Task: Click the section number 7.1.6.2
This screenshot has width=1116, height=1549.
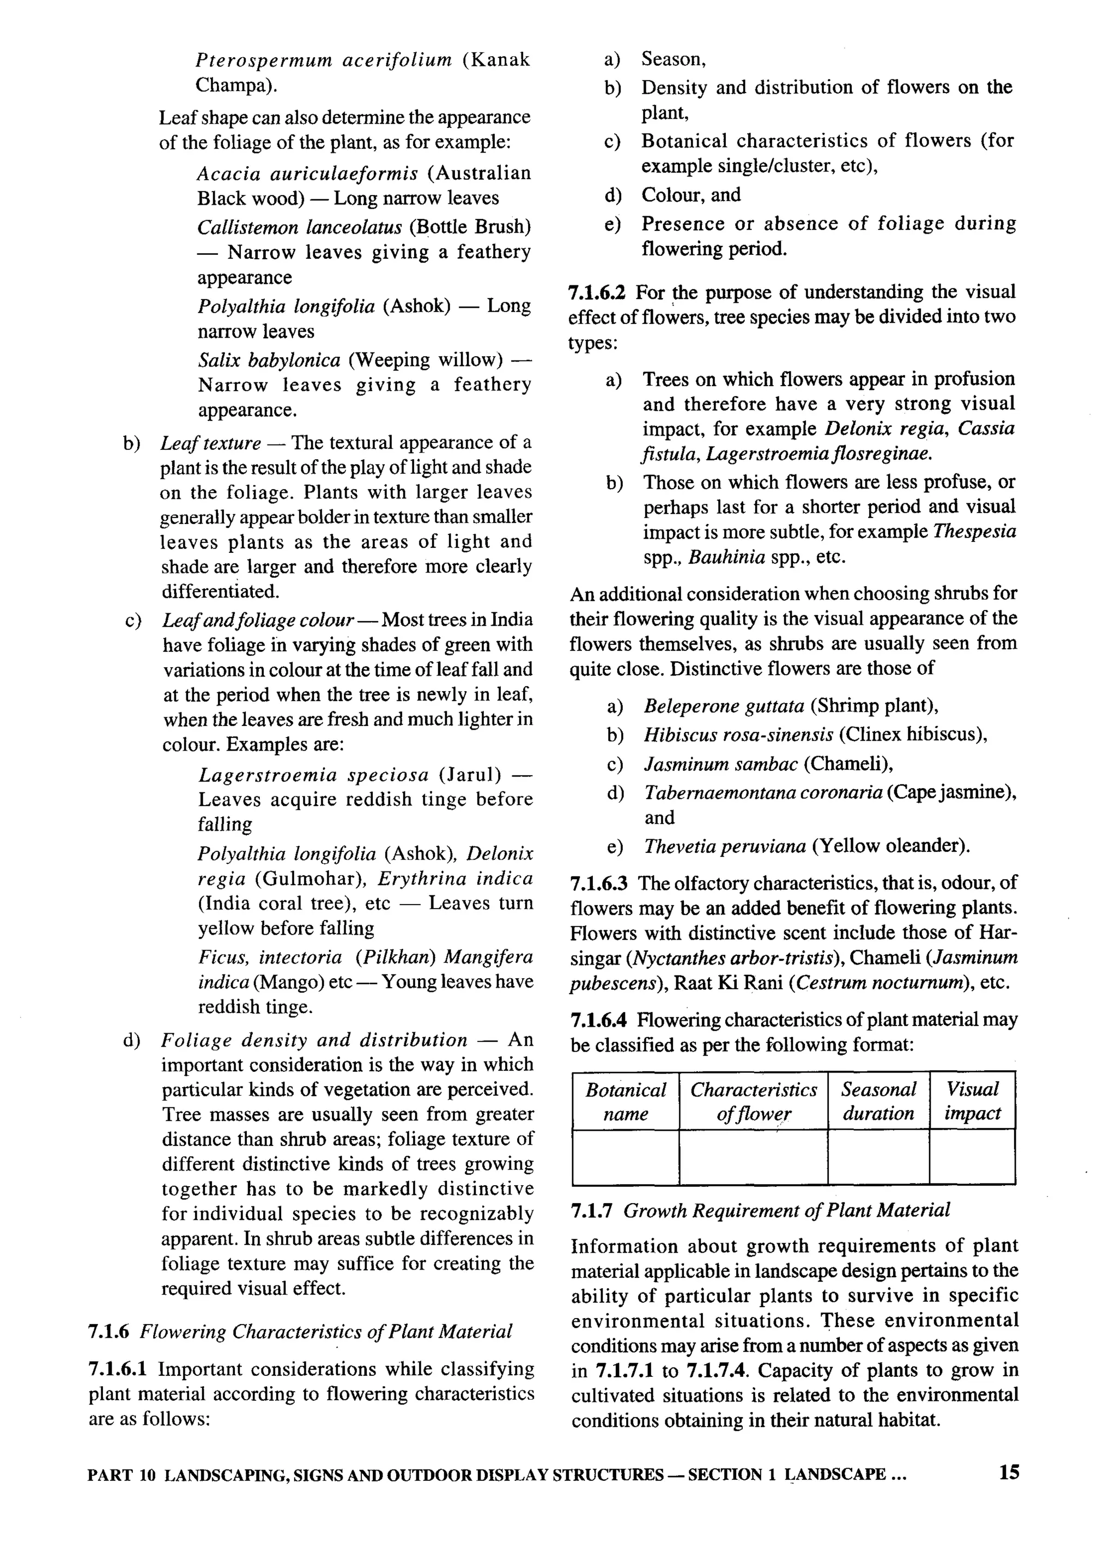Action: pos(597,293)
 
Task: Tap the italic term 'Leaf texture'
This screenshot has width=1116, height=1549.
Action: pos(210,443)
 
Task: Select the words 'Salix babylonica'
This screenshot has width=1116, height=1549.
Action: pos(269,360)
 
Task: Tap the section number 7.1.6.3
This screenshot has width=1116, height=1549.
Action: pos(599,884)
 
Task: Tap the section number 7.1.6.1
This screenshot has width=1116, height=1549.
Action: pos(118,1369)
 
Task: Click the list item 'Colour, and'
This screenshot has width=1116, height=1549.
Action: pos(690,196)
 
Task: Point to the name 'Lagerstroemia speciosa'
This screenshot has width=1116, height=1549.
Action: pos(314,775)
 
